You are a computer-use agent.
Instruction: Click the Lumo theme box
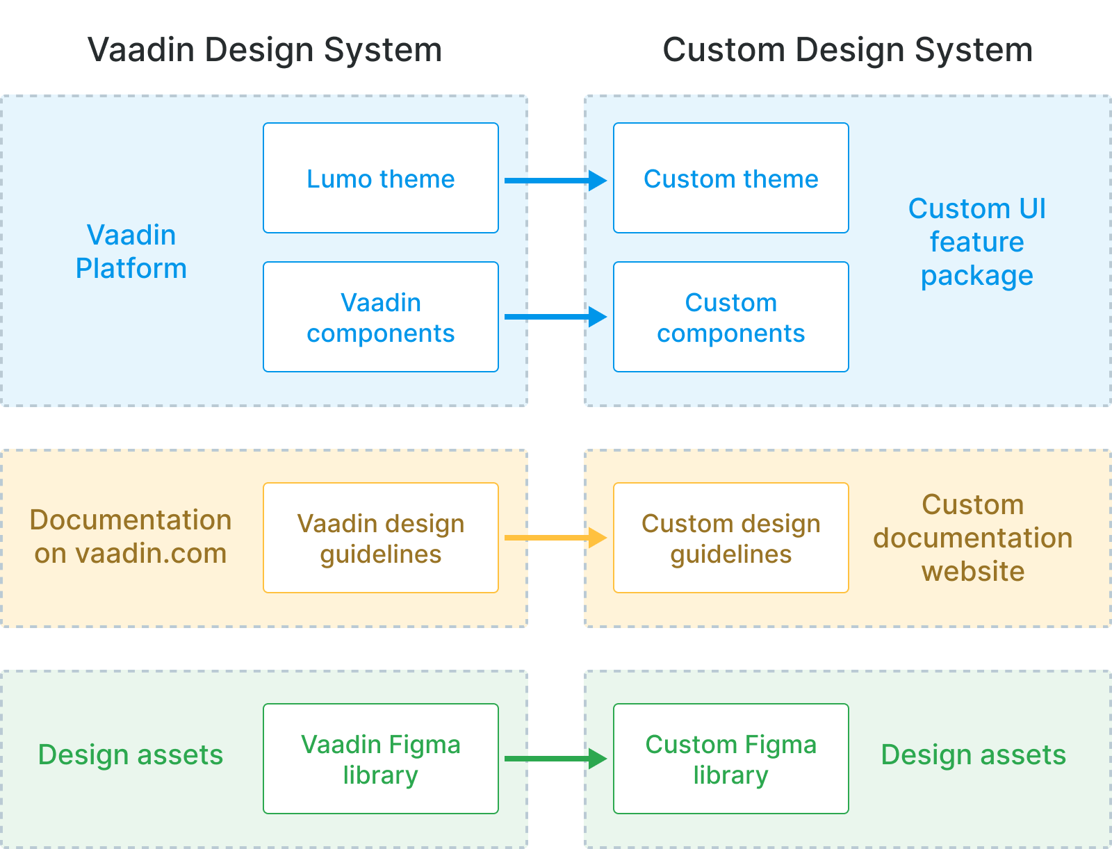(381, 179)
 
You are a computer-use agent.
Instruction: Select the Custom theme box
(731, 179)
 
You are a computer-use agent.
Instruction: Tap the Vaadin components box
(381, 318)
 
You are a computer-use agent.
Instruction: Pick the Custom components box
(731, 318)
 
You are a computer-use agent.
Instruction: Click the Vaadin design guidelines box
(381, 538)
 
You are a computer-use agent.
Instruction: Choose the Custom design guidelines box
(731, 538)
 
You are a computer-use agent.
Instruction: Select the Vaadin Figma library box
(381, 759)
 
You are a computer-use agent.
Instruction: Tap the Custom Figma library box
(731, 759)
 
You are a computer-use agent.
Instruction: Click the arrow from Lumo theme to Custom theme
(555, 181)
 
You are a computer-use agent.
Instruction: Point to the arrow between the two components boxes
(555, 317)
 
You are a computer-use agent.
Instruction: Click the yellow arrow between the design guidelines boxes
(555, 538)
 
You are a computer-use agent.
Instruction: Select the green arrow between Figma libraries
(555, 759)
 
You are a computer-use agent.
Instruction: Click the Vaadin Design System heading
(265, 50)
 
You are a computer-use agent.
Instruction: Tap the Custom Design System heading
(847, 50)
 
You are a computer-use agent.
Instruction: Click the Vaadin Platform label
(131, 252)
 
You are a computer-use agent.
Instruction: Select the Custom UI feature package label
(976, 242)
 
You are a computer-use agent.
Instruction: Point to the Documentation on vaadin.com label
(131, 536)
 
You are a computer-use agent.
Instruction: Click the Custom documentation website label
(973, 538)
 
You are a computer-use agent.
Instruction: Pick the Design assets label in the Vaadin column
(131, 755)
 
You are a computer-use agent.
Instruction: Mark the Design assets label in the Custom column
(973, 755)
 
